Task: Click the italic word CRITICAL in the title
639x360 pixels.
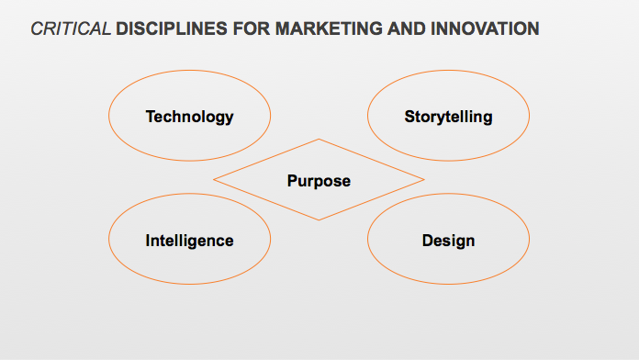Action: (71, 29)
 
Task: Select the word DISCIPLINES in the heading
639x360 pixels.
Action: (172, 29)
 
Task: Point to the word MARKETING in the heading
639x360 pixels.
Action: (329, 29)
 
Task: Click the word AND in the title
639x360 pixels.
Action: (407, 29)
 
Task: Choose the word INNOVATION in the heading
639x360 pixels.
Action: (485, 29)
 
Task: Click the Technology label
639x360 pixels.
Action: (189, 117)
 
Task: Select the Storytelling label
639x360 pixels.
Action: (448, 117)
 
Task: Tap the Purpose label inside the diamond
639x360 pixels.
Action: (319, 181)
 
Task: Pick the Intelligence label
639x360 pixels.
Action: (189, 241)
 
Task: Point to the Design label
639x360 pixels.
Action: (448, 241)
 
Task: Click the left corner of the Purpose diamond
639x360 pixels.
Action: (214, 179)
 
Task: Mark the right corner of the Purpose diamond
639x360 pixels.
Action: (424, 179)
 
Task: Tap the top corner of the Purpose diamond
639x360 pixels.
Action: (319, 139)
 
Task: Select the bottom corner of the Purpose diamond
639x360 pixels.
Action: (319, 220)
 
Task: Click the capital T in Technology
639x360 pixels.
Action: (151, 117)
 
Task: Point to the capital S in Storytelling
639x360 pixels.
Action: (410, 117)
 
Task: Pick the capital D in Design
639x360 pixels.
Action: (428, 240)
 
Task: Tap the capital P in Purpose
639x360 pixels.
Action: (293, 181)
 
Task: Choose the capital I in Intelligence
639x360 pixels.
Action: (148, 240)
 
